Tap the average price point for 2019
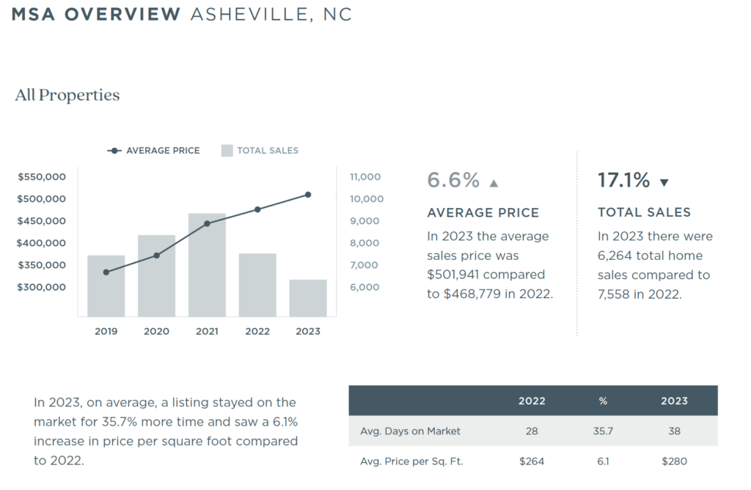106,272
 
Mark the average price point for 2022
257,209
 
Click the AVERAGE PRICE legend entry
154,150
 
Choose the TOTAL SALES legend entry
260,150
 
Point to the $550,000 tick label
42,177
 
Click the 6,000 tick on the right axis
364,287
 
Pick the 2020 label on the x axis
156,331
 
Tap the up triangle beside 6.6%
494,183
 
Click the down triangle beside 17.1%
664,182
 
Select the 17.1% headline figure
623,180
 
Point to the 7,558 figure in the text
615,294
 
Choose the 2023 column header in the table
674,401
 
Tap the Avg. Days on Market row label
410,431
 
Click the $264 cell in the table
532,461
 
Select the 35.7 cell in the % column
603,431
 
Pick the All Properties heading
67,95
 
